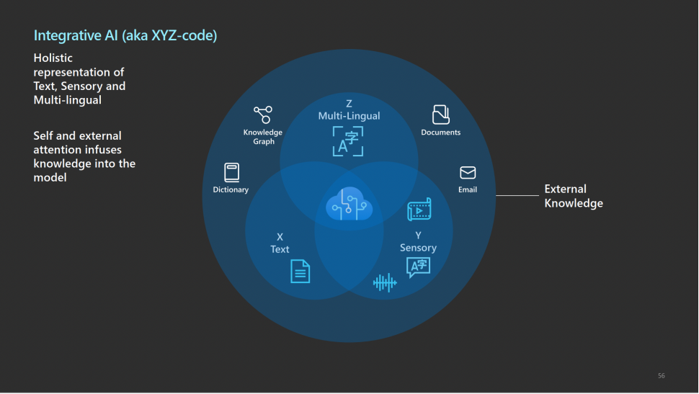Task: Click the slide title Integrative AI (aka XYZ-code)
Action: (125, 35)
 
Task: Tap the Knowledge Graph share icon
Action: (262, 115)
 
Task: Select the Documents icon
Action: (440, 114)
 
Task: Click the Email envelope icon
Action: (468, 173)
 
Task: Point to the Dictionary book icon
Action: (231, 172)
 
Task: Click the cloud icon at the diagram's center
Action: (349, 205)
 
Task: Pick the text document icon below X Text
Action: (300, 271)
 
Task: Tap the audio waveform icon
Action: (385, 282)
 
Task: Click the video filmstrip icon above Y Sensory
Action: (419, 210)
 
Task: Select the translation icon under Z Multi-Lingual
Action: (348, 141)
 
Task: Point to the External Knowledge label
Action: (573, 196)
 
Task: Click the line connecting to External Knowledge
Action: (517, 195)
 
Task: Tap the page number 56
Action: (661, 375)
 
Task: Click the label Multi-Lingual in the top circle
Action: (349, 116)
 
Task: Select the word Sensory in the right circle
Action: (418, 248)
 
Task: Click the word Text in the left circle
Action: (280, 249)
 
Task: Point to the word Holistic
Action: (53, 58)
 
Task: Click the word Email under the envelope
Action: (468, 190)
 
